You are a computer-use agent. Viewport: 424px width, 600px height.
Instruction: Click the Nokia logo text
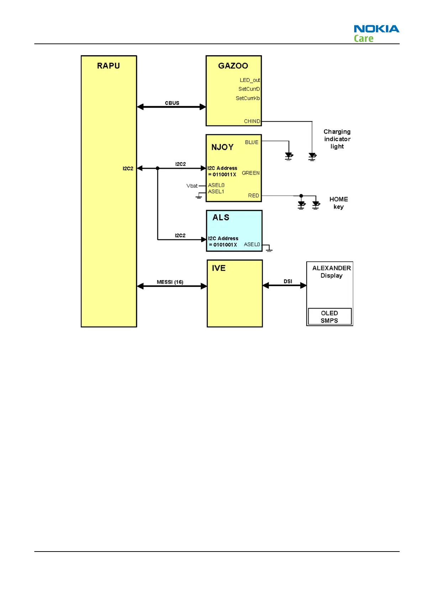coord(376,29)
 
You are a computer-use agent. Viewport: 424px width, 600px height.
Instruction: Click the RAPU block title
coord(108,66)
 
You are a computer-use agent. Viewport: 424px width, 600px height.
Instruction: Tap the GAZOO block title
coord(233,66)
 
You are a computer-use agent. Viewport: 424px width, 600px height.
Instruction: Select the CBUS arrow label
coord(172,103)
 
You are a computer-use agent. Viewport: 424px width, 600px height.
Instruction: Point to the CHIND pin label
coord(252,121)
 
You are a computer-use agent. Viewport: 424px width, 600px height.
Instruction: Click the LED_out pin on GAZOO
coord(250,80)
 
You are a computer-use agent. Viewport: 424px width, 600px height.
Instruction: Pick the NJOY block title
coord(223,147)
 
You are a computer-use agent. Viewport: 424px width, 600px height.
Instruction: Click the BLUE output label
coord(252,142)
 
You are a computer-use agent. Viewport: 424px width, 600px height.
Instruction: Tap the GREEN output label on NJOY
coord(251,173)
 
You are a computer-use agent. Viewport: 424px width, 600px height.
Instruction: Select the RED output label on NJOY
coord(253,196)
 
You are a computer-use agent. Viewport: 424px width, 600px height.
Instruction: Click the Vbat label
coord(192,186)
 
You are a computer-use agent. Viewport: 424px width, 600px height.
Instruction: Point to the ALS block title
coord(221,217)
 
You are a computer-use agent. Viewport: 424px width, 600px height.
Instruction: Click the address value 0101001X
coord(225,245)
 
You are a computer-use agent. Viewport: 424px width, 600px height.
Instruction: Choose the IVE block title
coord(219,268)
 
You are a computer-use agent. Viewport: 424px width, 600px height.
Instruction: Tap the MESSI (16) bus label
coord(170,282)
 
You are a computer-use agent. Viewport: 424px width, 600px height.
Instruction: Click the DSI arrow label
coord(288,281)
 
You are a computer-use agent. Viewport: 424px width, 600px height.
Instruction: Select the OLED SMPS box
coord(329,317)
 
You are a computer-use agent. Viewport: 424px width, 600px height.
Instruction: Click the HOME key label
coord(339,203)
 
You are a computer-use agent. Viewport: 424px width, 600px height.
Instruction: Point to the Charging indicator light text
coord(337,139)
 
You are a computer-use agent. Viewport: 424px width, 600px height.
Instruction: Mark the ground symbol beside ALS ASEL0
coord(269,249)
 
